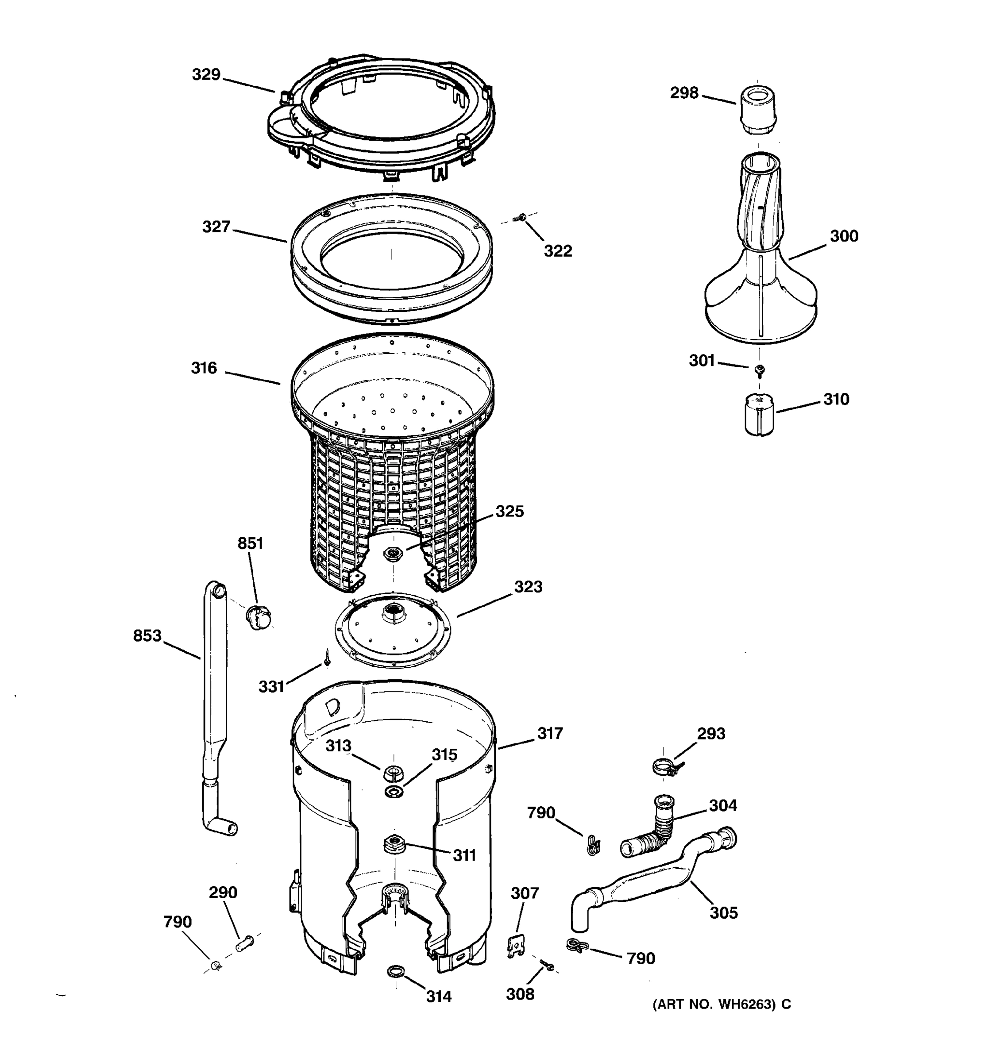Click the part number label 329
(x=206, y=75)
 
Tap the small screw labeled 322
(x=519, y=217)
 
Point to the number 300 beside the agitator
(x=844, y=236)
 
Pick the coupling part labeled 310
(x=759, y=415)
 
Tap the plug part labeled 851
(x=259, y=617)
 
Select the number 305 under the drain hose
(x=723, y=913)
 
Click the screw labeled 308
(x=547, y=964)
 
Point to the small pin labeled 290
(x=245, y=943)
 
